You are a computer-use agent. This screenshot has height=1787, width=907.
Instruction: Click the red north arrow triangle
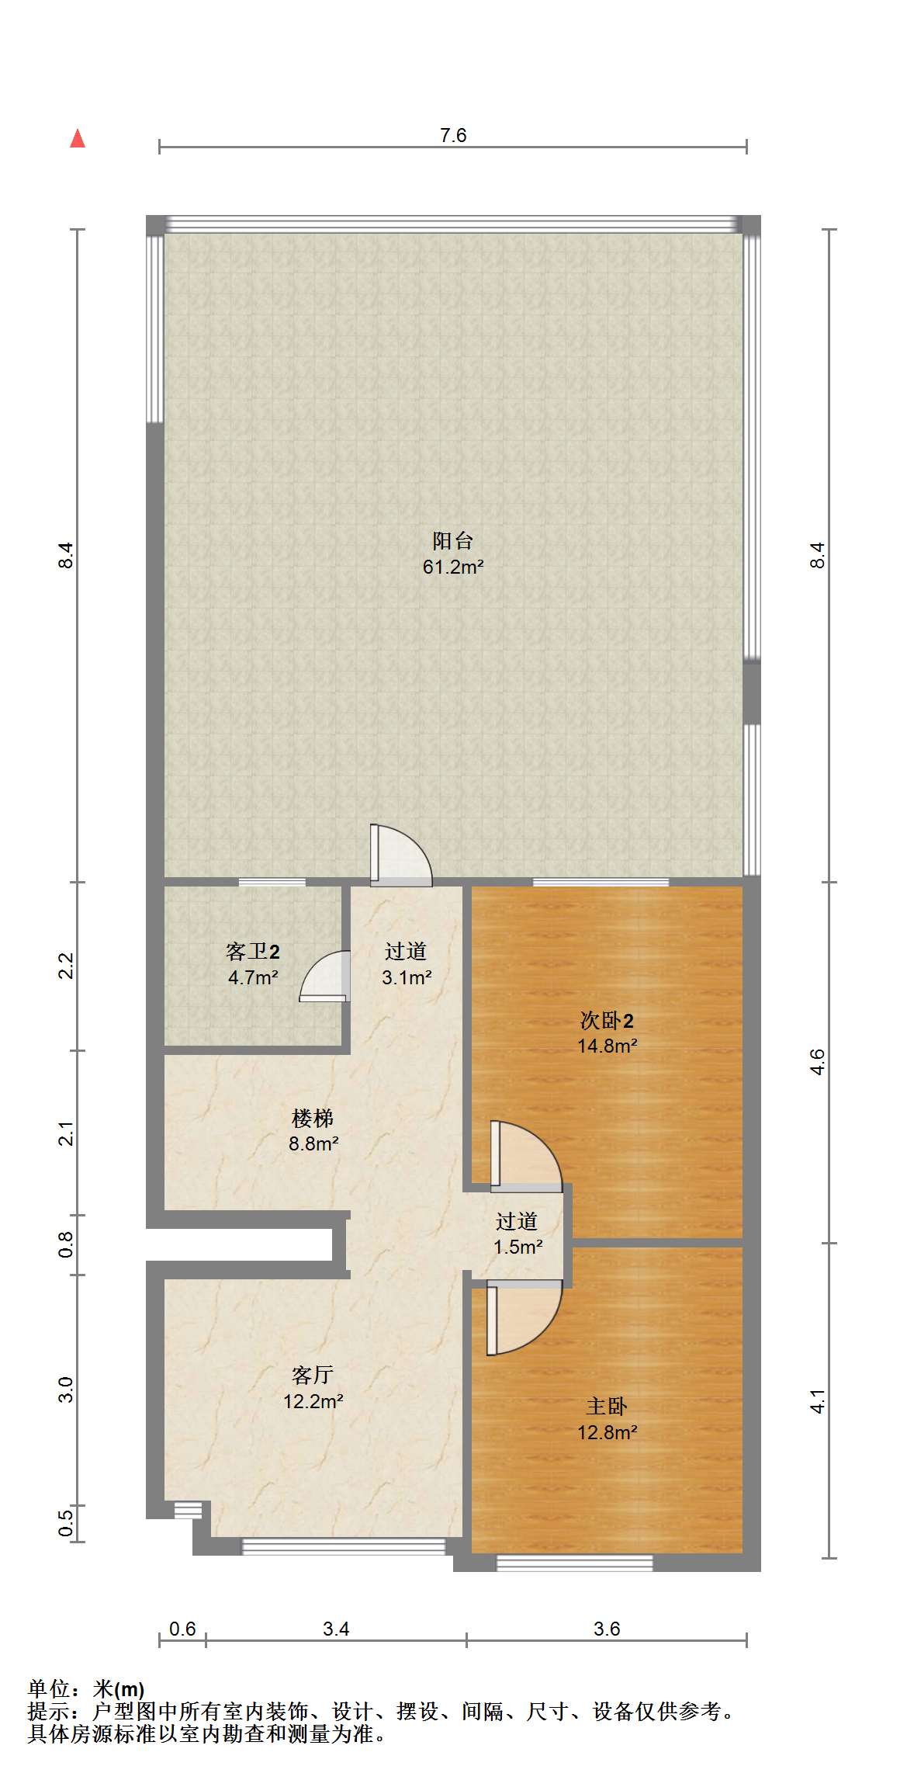pyautogui.click(x=78, y=138)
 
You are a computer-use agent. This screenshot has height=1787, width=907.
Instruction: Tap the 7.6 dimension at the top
pyautogui.click(x=453, y=136)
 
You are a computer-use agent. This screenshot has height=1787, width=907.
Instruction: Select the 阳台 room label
pyautogui.click(x=453, y=540)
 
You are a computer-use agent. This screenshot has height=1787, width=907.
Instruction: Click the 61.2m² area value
pyautogui.click(x=453, y=567)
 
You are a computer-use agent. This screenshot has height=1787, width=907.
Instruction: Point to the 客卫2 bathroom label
pyautogui.click(x=253, y=951)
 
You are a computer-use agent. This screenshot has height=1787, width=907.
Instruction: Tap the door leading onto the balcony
pyautogui.click(x=400, y=855)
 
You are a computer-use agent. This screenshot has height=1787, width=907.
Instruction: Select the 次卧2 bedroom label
pyautogui.click(x=608, y=1020)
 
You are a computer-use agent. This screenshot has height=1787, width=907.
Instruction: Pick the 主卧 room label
pyautogui.click(x=607, y=1406)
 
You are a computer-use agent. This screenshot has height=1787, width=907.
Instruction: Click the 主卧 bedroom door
pyautogui.click(x=524, y=1317)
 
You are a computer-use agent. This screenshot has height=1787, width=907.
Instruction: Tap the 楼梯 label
pyautogui.click(x=313, y=1118)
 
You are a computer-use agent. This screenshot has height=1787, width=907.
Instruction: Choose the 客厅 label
pyautogui.click(x=313, y=1375)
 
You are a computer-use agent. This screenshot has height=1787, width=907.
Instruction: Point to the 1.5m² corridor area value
pyautogui.click(x=518, y=1247)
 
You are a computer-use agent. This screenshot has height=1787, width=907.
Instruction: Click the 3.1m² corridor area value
pyautogui.click(x=407, y=977)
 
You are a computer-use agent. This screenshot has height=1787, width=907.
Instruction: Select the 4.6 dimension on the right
pyautogui.click(x=818, y=1062)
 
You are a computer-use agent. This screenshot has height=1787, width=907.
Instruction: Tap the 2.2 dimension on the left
pyautogui.click(x=67, y=966)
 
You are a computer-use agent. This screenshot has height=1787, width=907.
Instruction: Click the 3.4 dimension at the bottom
pyautogui.click(x=336, y=1629)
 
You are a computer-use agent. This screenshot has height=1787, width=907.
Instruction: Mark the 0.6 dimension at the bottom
pyautogui.click(x=182, y=1629)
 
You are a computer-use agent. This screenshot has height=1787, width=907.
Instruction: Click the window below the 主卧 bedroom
pyautogui.click(x=574, y=1563)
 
